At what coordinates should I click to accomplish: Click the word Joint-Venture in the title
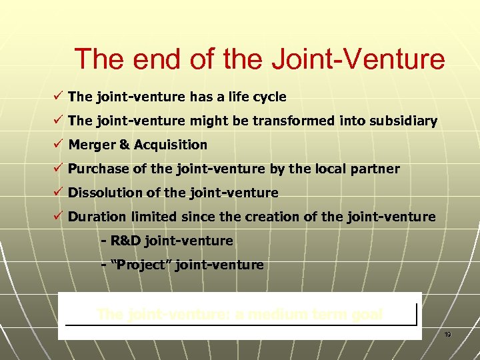(x=358, y=59)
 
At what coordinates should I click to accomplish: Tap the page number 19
(x=448, y=334)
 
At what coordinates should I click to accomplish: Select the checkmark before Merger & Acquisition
(x=59, y=145)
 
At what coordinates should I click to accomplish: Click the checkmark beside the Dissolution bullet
(x=59, y=193)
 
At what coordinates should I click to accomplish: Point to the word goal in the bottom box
(x=365, y=313)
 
